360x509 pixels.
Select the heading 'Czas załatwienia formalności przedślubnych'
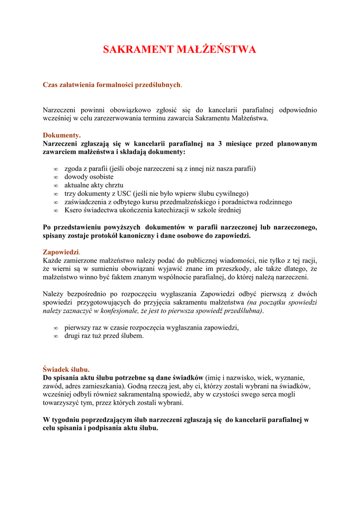pos(111,85)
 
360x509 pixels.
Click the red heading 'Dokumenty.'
pos(62,135)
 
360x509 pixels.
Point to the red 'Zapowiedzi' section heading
pos(61,252)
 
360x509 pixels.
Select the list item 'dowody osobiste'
pos(89,176)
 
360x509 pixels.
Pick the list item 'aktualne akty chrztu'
pos(93,185)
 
